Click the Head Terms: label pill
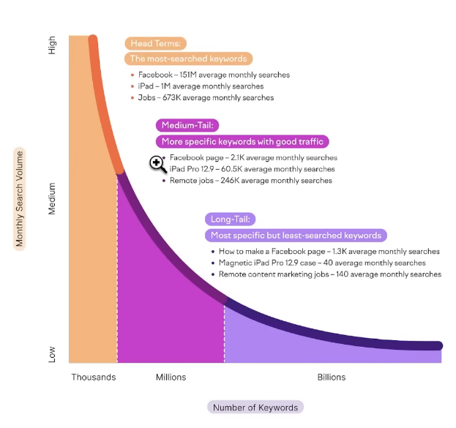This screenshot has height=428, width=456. pos(156,43)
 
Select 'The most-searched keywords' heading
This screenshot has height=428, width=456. pos(188,59)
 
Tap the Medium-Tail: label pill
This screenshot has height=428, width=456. pos(187,125)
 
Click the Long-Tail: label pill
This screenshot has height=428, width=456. pos(230,219)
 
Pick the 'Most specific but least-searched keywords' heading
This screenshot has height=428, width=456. pos(296,236)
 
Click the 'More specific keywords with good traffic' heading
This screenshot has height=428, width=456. pos(242,142)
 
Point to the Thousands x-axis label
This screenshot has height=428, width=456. pos(94,378)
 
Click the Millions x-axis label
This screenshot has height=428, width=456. pos(171,378)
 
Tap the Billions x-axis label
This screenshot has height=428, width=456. pos(332,378)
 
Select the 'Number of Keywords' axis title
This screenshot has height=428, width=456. pos(255,408)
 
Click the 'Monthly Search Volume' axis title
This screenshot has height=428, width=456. pos(20,199)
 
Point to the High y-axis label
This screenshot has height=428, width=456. pos(52,45)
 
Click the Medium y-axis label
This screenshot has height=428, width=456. pos(52,199)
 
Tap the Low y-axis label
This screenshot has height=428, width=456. pos(52,354)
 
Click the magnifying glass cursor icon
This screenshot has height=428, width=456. pos(157,164)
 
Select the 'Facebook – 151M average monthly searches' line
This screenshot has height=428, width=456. pos(214,75)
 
